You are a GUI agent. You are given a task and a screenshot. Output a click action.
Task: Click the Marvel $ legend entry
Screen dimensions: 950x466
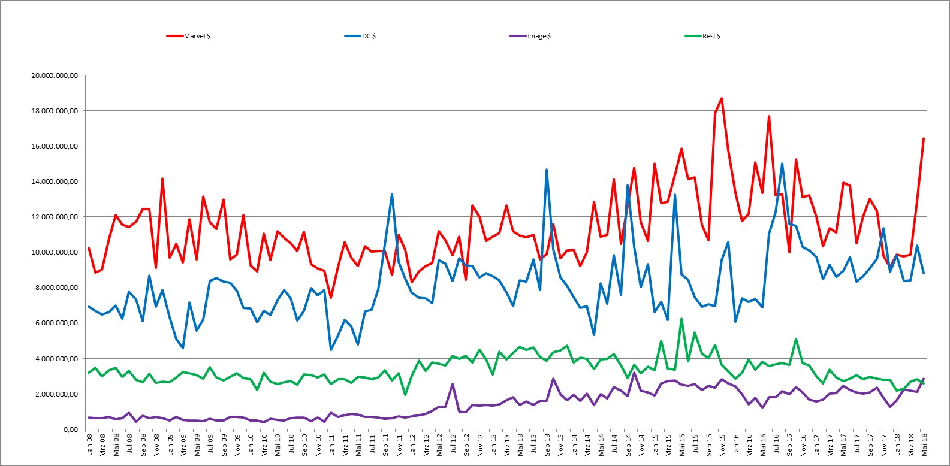pyautogui.click(x=189, y=36)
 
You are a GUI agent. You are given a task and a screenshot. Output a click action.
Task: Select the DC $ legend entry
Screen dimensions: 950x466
pyautogui.click(x=360, y=36)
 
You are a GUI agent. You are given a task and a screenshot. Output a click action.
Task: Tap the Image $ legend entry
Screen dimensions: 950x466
pyautogui.click(x=530, y=36)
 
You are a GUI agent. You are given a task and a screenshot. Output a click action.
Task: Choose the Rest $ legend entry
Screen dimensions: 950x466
pyautogui.click(x=702, y=36)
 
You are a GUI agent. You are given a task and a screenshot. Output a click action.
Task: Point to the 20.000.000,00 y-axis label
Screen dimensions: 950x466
pyautogui.click(x=55, y=75)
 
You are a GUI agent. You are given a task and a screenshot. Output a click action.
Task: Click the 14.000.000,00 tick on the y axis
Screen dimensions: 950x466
pyautogui.click(x=55, y=181)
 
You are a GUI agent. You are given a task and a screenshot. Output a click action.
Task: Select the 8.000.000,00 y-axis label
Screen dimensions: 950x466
pyautogui.click(x=57, y=288)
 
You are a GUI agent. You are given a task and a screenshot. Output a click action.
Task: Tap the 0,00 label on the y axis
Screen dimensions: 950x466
pyautogui.click(x=71, y=429)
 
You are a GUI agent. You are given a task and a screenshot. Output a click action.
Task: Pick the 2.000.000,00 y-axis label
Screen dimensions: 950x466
pyautogui.click(x=57, y=394)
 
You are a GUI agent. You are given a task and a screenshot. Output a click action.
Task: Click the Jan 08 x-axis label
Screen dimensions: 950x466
pyautogui.click(x=89, y=444)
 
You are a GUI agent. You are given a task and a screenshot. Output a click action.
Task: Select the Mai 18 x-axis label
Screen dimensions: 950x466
pyautogui.click(x=924, y=444)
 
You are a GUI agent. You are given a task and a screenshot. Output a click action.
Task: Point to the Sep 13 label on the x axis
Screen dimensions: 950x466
pyautogui.click(x=547, y=444)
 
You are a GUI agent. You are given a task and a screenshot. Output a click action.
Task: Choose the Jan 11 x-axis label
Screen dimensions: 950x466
pyautogui.click(x=331, y=444)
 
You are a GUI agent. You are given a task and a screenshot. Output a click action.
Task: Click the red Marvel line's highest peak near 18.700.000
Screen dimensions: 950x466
pyautogui.click(x=722, y=98)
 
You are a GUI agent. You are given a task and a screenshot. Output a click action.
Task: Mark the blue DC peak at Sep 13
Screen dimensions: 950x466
pyautogui.click(x=547, y=170)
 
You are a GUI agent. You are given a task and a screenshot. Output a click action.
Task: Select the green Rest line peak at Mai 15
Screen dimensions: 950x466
pyautogui.click(x=681, y=319)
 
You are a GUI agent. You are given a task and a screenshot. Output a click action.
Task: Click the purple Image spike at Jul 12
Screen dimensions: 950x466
pyautogui.click(x=453, y=384)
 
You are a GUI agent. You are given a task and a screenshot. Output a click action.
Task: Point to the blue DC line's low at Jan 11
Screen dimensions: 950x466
pyautogui.click(x=331, y=350)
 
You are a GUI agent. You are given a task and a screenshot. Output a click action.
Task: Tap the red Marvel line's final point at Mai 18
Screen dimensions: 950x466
pyautogui.click(x=924, y=138)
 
